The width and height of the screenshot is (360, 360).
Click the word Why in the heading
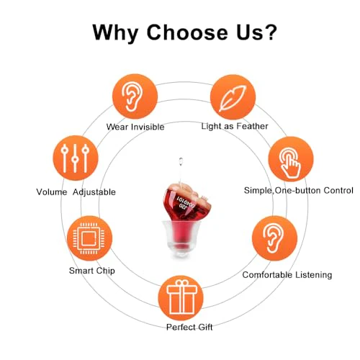(115, 33)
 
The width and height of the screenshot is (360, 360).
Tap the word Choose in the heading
(187, 32)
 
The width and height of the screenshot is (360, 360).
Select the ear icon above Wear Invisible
(132, 96)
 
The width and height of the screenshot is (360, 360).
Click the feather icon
(233, 99)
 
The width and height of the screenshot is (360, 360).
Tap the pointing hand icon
(290, 163)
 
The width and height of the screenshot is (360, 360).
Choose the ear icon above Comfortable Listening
(274, 238)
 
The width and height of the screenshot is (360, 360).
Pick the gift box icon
(181, 297)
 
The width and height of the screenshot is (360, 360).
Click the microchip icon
(89, 238)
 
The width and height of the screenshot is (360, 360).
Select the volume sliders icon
(75, 158)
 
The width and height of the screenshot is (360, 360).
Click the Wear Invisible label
(135, 127)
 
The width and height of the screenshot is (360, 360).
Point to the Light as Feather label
(235, 126)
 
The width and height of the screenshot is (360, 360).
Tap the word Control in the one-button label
(338, 190)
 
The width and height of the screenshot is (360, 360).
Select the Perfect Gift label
(189, 327)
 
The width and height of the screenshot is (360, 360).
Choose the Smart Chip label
(92, 271)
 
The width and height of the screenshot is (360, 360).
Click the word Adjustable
(94, 192)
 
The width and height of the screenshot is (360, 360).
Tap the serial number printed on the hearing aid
(186, 202)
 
